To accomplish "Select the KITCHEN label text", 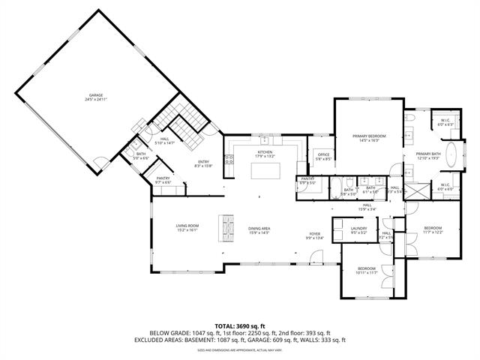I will click(x=265, y=154).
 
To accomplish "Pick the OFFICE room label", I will click(x=322, y=157).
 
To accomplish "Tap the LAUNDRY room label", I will click(x=358, y=229).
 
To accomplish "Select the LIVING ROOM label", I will click(x=187, y=227).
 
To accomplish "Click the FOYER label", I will click(x=314, y=235).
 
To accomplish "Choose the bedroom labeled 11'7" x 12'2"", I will click(x=433, y=230).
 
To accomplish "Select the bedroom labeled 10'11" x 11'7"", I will click(x=366, y=271).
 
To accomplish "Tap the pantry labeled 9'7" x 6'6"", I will click(x=163, y=181).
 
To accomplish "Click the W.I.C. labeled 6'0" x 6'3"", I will click(x=444, y=121).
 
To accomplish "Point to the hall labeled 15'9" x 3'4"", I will click(x=367, y=207).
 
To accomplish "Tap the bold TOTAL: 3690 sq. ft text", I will click(x=239, y=326).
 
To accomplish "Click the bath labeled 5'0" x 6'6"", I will click(x=140, y=156).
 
